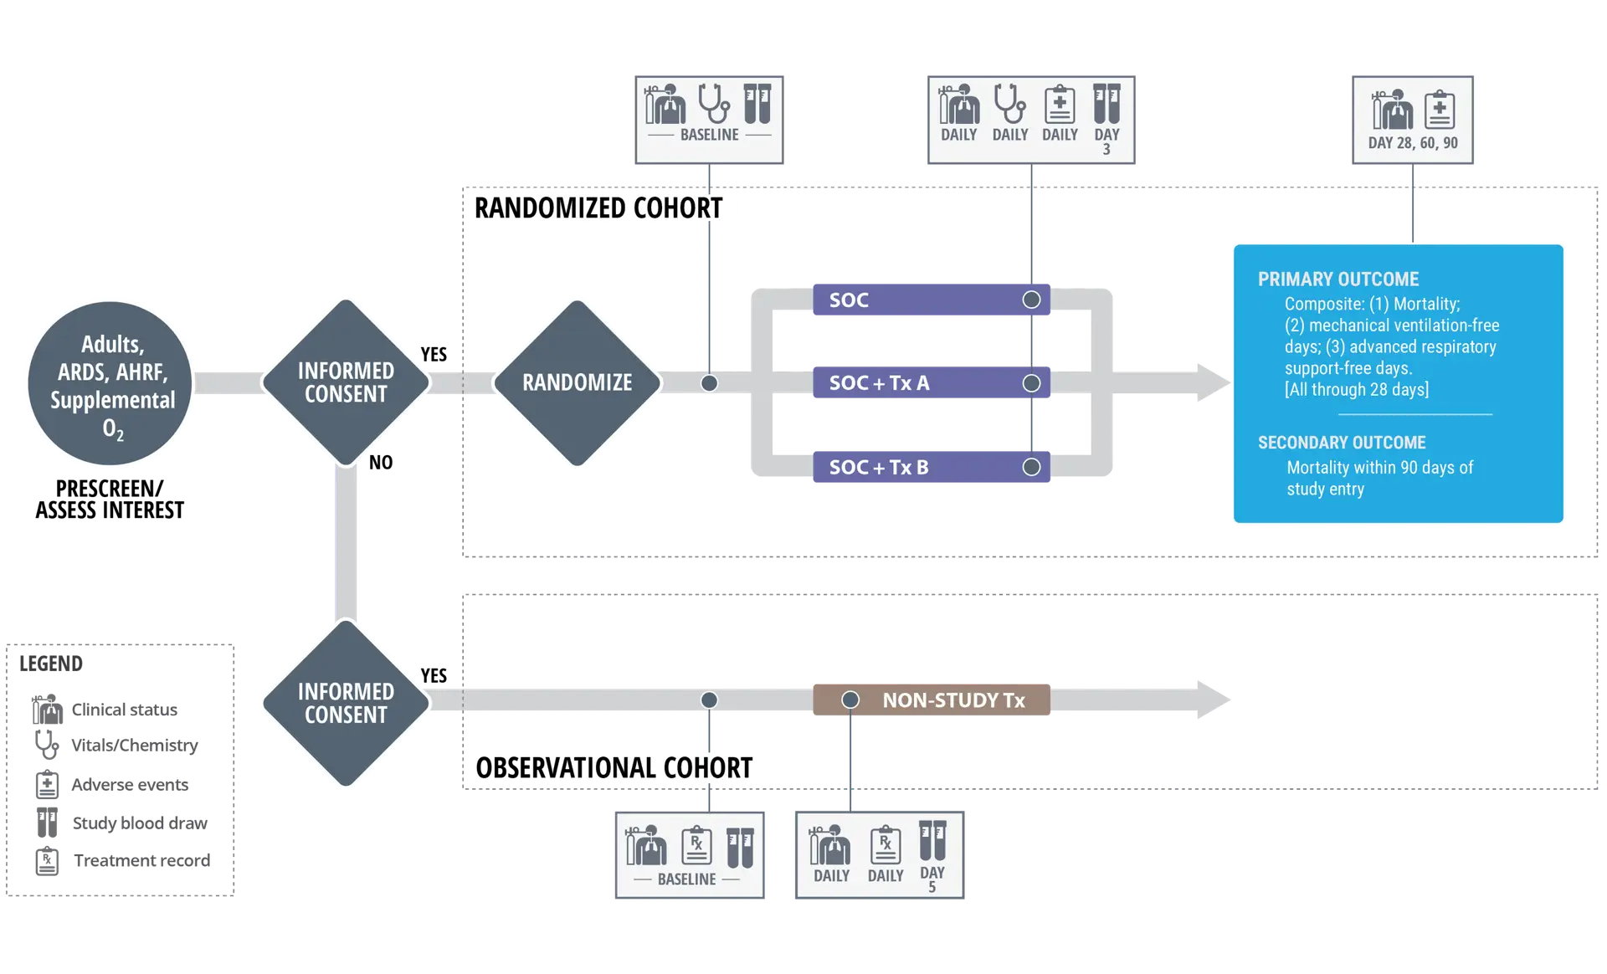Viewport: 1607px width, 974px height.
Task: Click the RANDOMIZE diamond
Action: pos(577,382)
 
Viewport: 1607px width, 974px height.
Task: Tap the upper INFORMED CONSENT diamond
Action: pos(346,382)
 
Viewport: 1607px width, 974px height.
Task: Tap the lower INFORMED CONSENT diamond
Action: pos(346,703)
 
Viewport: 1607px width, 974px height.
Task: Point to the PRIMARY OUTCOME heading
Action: pos(1337,279)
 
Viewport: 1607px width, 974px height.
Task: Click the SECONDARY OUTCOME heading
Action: pos(1341,443)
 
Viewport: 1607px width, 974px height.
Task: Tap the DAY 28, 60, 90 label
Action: pos(1412,143)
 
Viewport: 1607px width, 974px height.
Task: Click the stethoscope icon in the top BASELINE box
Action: pos(713,103)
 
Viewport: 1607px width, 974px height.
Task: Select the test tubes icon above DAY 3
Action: pos(1106,104)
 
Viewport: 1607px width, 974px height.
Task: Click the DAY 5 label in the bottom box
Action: pos(932,879)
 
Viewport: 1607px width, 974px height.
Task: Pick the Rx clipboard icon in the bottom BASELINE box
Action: pos(696,845)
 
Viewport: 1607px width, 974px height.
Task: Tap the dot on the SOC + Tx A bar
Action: pos(1031,383)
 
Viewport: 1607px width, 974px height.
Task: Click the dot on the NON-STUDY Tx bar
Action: pos(850,700)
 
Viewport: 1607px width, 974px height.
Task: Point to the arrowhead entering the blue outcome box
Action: pos(1211,384)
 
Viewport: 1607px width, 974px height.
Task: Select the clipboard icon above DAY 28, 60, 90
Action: pos(1439,109)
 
